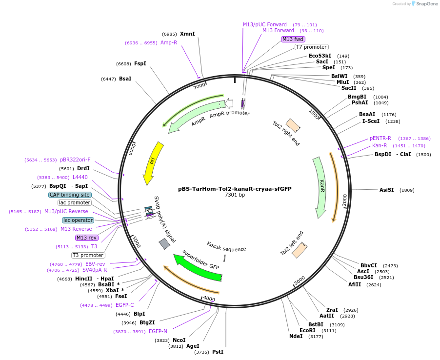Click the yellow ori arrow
click(x=152, y=163)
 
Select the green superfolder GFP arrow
click(x=197, y=268)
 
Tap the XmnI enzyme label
click(x=187, y=34)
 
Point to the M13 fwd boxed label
click(x=293, y=39)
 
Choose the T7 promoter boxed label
click(x=311, y=47)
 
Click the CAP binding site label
click(x=70, y=195)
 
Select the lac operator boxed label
click(x=78, y=220)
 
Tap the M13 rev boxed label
click(x=86, y=238)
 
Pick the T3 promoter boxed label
click(x=88, y=255)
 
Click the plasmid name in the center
click(x=235, y=188)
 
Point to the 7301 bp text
click(x=235, y=195)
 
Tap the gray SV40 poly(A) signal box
click(x=164, y=243)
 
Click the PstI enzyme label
click(x=218, y=352)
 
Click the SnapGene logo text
click(x=427, y=4)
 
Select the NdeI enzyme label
click(x=296, y=336)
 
